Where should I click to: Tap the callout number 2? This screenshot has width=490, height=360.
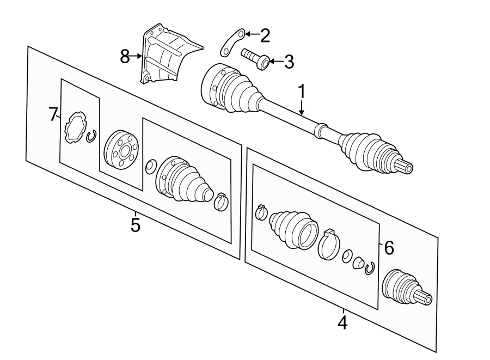[x=264, y=36]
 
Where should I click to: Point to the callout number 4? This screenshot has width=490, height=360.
[x=342, y=322]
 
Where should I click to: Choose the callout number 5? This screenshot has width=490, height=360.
[x=135, y=224]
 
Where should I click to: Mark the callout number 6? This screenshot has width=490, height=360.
[x=388, y=248]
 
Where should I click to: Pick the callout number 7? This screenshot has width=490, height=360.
[x=53, y=114]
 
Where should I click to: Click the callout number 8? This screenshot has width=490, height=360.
[x=125, y=56]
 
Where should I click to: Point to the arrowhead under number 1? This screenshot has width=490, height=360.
[x=301, y=112]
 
